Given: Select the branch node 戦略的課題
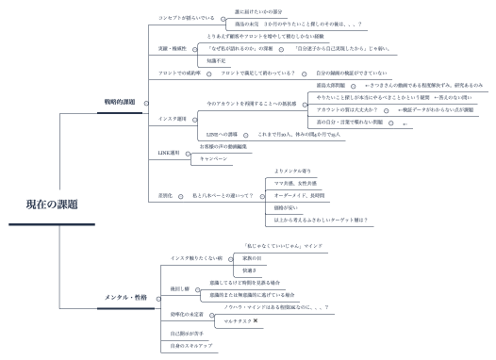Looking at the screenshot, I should (x=120, y=101).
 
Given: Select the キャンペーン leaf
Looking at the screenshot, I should (x=213, y=159).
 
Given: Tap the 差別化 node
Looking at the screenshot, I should (x=166, y=195).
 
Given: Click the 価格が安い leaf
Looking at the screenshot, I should (x=285, y=206).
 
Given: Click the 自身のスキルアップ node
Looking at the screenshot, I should (x=191, y=347).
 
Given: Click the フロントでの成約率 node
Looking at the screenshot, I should (x=181, y=73).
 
